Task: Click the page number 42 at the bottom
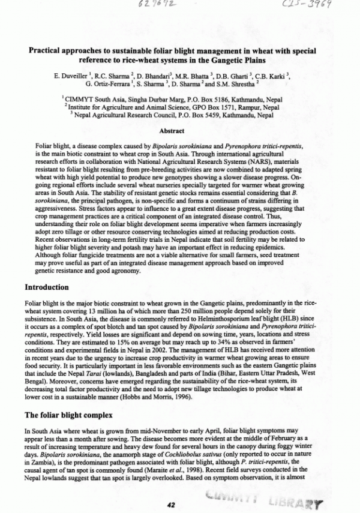coord(171,505)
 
